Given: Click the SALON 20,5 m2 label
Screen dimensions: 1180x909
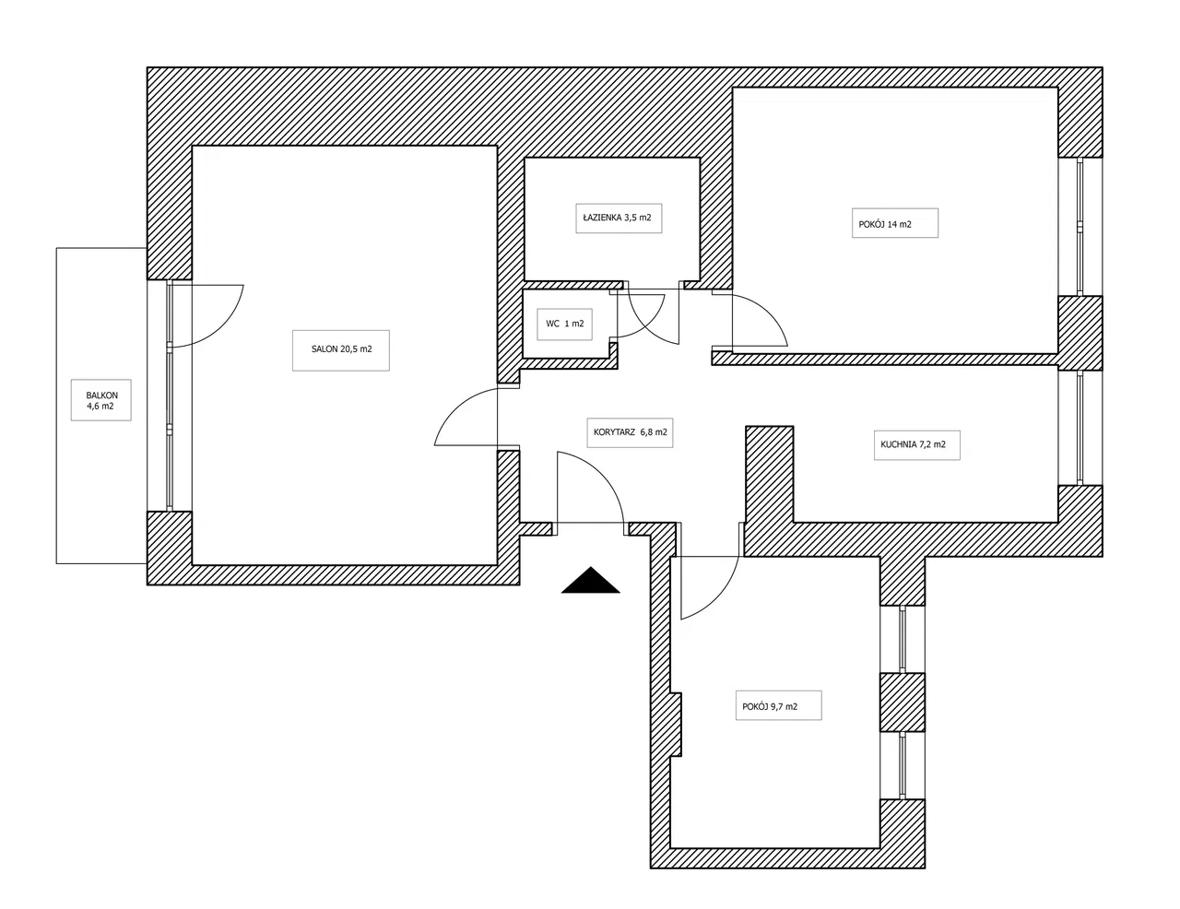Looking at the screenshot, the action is [341, 349].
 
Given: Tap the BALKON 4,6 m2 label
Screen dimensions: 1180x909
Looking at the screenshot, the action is [101, 401].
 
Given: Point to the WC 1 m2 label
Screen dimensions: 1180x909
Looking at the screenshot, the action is [565, 324].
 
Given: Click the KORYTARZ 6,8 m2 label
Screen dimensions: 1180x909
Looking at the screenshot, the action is [630, 432].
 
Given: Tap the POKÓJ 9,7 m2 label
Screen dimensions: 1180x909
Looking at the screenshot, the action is [770, 706].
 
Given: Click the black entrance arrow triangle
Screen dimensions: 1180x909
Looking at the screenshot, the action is [590, 581].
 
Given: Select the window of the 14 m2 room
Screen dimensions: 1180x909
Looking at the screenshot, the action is [1080, 227].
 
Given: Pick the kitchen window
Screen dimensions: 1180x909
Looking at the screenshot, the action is [1080, 428].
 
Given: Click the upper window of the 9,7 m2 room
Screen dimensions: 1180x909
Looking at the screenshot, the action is [902, 639].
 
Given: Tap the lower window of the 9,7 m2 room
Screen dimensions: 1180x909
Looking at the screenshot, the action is [902, 765].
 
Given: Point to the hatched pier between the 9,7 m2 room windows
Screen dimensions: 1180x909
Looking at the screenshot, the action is [902, 702].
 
